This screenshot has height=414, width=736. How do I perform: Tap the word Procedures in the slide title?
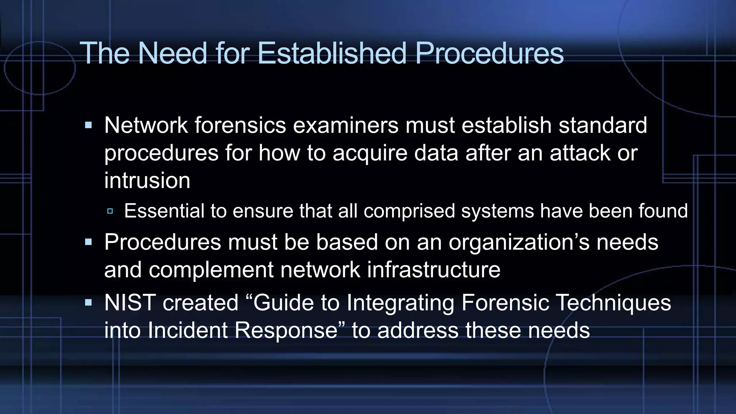[489, 53]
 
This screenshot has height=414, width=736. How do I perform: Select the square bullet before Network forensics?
[88, 125]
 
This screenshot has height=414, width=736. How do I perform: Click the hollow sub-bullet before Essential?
[110, 211]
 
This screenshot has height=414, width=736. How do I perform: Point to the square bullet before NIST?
[88, 303]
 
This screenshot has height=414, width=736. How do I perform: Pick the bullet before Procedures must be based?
[88, 242]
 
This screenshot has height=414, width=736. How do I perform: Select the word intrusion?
[147, 180]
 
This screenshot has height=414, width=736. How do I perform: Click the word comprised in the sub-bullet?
[409, 211]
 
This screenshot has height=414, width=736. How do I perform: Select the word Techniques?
[613, 303]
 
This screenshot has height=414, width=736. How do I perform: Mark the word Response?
[286, 330]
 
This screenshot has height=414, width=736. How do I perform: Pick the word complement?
[211, 270]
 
